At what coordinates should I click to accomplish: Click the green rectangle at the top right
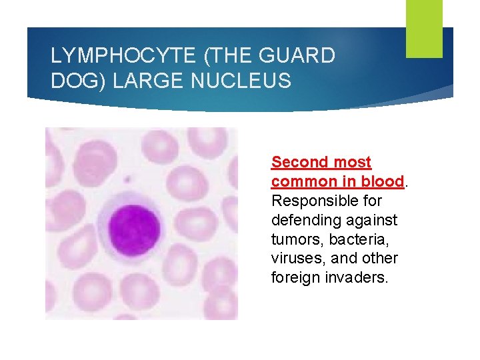point(424,29)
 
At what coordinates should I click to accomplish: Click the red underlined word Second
point(300,162)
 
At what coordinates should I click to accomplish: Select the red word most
point(352,162)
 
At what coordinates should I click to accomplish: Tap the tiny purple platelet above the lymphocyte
point(128,179)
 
